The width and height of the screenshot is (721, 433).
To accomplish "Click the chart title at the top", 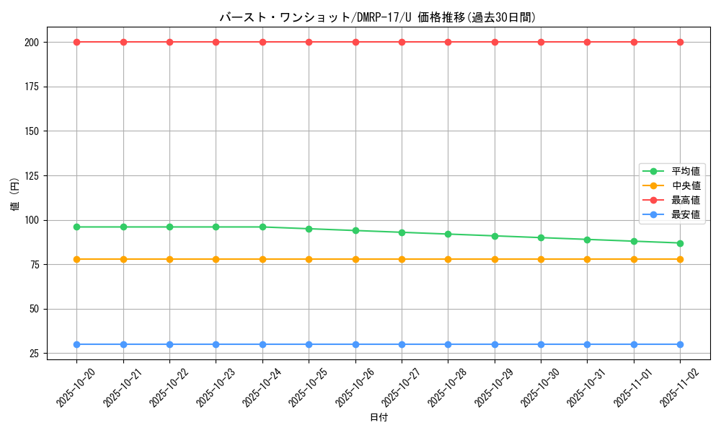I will click(378, 17).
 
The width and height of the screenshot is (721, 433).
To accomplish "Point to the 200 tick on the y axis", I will click(33, 42).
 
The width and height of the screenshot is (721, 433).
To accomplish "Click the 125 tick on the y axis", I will click(33, 175).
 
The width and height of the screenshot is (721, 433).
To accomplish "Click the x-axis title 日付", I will click(379, 418).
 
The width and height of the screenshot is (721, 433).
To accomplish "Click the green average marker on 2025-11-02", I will click(680, 243).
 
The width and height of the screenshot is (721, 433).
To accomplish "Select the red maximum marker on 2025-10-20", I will click(77, 42).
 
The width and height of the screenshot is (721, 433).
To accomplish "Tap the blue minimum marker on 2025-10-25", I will click(309, 344).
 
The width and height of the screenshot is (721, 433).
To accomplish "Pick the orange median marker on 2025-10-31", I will click(587, 259).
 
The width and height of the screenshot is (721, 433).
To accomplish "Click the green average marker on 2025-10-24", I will click(262, 227).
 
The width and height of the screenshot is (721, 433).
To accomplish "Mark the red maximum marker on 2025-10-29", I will click(495, 42).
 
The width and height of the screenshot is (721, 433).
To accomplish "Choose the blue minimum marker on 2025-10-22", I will click(169, 344).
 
